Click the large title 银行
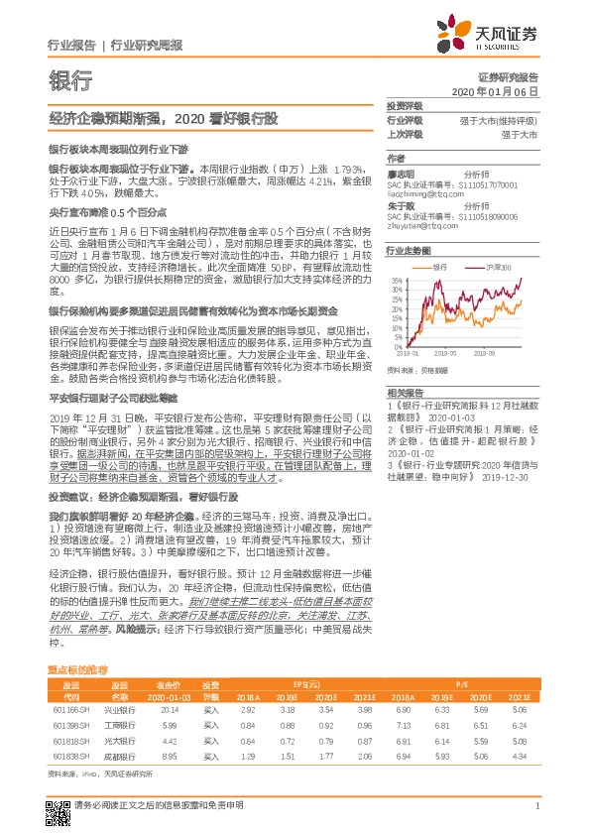(69, 81)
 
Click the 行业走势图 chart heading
(408, 252)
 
